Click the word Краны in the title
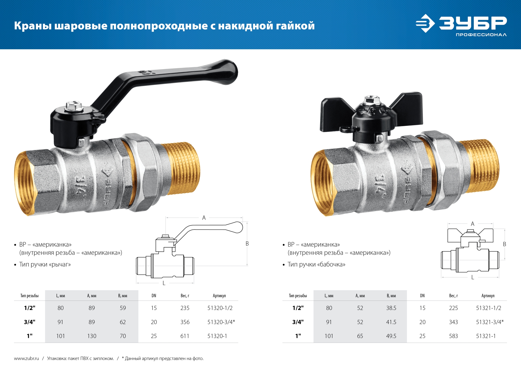click(x=33, y=26)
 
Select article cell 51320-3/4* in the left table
click(x=221, y=322)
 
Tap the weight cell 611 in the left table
click(x=185, y=336)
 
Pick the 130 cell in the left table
click(x=92, y=336)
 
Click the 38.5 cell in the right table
click(x=391, y=308)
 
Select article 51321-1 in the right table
click(x=486, y=336)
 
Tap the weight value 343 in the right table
click(x=453, y=322)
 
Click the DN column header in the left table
click(x=154, y=296)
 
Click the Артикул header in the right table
click(x=488, y=296)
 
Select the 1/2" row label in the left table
click(x=30, y=308)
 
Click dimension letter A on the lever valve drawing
click(x=204, y=218)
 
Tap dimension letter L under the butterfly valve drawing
click(x=473, y=277)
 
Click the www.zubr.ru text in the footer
click(x=26, y=359)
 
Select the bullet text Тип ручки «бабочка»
click(x=316, y=264)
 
